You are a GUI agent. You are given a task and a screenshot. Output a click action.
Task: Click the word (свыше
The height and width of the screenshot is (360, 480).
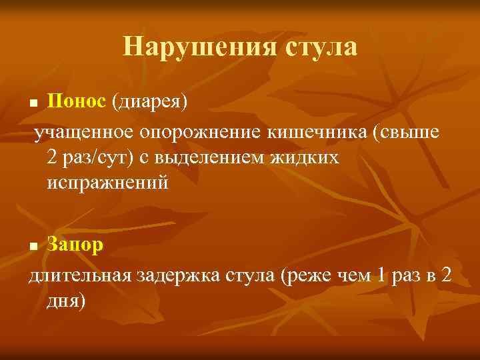407,133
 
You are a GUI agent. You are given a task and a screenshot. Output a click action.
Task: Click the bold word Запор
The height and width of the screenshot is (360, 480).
75,245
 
